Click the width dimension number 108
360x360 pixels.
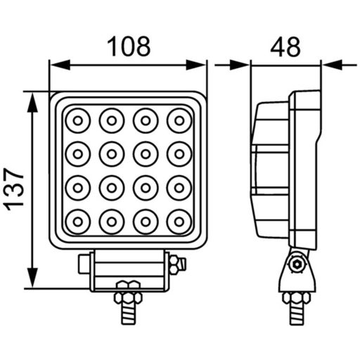point(128,46)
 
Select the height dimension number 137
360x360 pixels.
point(15,189)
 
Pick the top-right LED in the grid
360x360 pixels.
point(179,121)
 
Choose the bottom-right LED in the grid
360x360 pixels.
point(179,221)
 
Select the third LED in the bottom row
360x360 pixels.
point(145,221)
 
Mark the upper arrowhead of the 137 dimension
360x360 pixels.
point(32,100)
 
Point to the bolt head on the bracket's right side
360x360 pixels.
point(174,265)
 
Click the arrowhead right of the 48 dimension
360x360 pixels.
point(330,65)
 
